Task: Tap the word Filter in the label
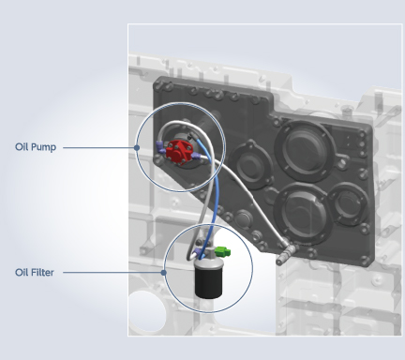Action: point(42,273)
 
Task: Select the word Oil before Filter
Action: point(22,273)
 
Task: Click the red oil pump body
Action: point(177,151)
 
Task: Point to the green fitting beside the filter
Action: point(222,251)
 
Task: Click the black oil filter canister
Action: point(208,281)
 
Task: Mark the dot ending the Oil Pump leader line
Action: point(137,147)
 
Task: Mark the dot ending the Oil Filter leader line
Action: point(163,273)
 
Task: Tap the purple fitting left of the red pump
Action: point(160,147)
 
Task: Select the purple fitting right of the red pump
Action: point(196,157)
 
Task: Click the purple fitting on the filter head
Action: point(198,252)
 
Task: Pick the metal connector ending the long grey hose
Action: point(286,255)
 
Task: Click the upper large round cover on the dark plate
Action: point(305,151)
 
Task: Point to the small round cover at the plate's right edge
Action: point(348,203)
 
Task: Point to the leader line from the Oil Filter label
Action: point(113,273)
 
